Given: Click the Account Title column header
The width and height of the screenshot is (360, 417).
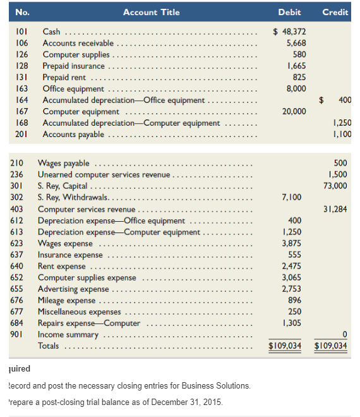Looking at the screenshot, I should click(x=151, y=12).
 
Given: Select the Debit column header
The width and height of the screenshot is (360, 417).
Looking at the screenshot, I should click(x=289, y=12).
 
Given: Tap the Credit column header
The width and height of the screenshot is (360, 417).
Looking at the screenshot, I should click(x=335, y=12).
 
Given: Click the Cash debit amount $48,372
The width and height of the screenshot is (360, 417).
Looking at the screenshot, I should click(x=289, y=32).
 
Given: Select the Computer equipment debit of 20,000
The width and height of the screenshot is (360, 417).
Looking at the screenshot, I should click(x=292, y=111).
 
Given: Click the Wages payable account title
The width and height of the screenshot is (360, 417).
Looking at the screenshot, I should click(x=64, y=163).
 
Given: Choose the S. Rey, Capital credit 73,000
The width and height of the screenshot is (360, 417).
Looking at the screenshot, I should click(x=335, y=186).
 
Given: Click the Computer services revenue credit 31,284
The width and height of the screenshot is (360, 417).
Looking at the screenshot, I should click(x=335, y=208).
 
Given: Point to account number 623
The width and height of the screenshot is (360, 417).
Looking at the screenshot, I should click(x=18, y=243).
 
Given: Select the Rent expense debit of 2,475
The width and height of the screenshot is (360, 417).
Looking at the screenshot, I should click(x=292, y=266).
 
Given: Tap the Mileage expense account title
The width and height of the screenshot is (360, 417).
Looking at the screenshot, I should click(x=67, y=300).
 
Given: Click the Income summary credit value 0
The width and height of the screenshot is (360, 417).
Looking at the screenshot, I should click(x=344, y=334).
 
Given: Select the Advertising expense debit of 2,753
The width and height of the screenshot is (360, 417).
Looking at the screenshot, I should click(x=292, y=289).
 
